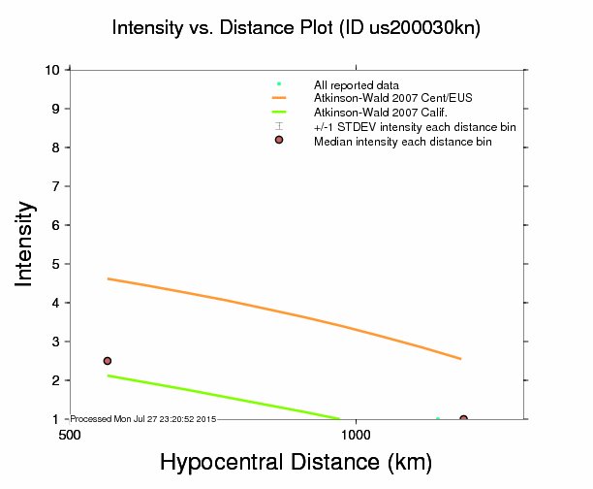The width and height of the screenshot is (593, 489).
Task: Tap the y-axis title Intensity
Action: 27,243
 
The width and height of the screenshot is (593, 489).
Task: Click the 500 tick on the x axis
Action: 69,436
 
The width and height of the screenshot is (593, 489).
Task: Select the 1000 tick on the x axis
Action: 357,436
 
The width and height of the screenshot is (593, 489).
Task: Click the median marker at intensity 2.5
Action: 108,361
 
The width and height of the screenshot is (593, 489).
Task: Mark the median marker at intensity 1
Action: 463,419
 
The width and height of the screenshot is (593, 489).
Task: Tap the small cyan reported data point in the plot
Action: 438,419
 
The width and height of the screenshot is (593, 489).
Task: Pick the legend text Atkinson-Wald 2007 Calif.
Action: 373,113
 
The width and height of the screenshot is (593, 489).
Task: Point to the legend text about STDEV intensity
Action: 414,127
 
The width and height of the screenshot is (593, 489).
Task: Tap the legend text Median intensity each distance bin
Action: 402,142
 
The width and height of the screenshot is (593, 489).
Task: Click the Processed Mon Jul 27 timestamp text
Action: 142,418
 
